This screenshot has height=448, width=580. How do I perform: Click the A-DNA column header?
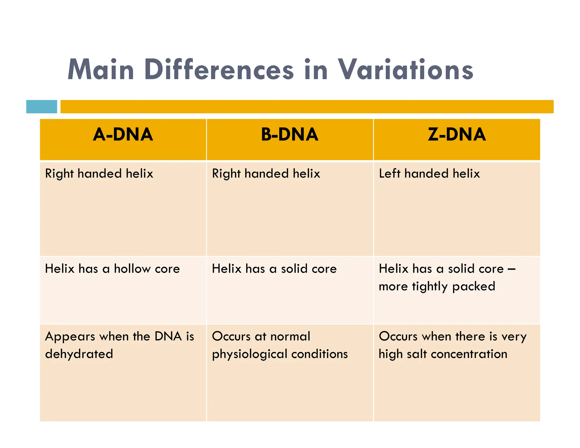123,135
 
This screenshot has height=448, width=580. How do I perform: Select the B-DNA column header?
289,135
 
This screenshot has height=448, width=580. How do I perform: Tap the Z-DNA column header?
457,135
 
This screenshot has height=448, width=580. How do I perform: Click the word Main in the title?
101,70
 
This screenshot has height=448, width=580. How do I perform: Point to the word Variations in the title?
405,70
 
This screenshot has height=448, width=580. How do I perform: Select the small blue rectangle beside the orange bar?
42,107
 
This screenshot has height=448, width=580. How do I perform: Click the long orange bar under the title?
307,107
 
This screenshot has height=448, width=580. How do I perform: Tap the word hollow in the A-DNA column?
132,268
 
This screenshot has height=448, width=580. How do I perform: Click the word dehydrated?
79,354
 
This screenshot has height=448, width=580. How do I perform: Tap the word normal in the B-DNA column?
290,336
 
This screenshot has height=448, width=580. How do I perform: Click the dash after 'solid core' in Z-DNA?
511,269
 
